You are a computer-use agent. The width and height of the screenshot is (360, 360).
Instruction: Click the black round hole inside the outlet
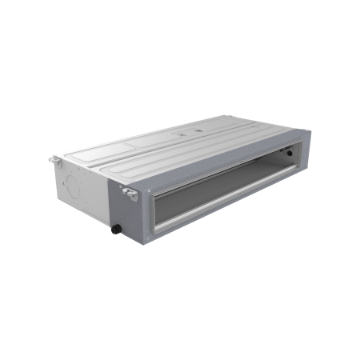[x=281, y=171]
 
